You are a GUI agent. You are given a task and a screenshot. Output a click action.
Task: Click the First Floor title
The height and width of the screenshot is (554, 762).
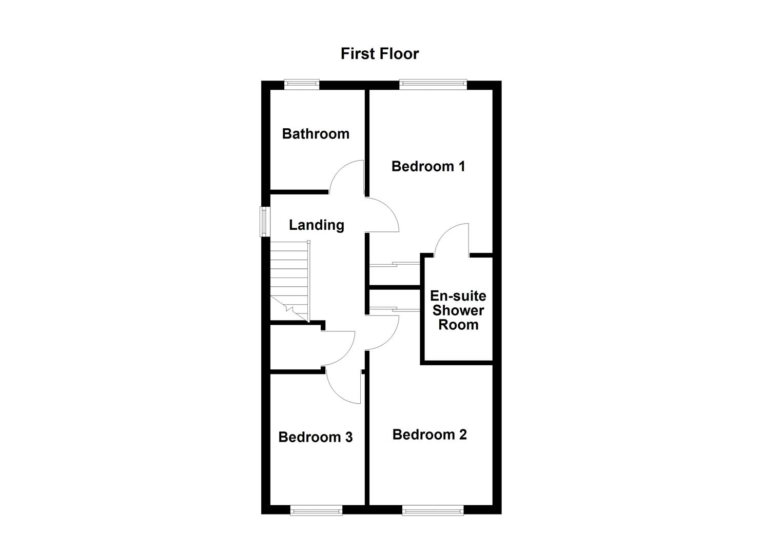(380, 54)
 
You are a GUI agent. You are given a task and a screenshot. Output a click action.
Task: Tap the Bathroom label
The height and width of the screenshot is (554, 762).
(316, 134)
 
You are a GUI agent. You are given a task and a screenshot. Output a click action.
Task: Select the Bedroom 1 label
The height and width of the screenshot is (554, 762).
(428, 166)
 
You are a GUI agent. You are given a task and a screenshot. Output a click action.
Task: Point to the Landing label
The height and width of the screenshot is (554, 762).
(317, 225)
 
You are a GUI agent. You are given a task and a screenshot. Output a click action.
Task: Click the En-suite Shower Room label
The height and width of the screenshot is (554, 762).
(458, 310)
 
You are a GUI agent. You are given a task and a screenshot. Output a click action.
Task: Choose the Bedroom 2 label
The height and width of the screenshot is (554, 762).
(429, 434)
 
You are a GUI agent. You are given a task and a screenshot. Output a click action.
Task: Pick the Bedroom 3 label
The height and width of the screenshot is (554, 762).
(315, 437)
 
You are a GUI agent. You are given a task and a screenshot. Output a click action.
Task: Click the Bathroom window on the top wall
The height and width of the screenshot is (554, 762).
(302, 84)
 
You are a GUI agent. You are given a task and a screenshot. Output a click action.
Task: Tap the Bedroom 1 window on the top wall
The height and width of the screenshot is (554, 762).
(433, 84)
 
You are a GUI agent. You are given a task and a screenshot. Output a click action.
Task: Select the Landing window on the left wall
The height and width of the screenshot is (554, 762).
(265, 221)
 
